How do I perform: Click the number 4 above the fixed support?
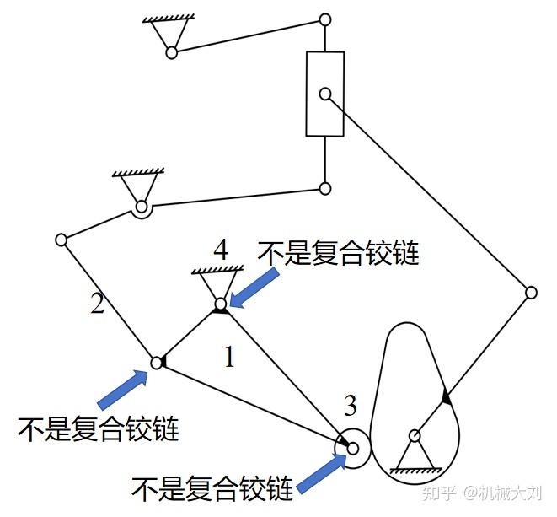[221, 250]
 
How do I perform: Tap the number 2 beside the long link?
[98, 304]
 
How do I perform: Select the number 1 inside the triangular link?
[229, 357]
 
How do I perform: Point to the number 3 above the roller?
[351, 406]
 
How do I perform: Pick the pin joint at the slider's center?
[325, 94]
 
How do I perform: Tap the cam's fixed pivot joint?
[415, 435]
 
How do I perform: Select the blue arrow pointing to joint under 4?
[254, 288]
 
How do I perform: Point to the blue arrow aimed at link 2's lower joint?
[122, 390]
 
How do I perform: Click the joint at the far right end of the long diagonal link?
[531, 293]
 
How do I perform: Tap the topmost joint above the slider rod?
[325, 19]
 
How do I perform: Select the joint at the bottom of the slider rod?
[325, 188]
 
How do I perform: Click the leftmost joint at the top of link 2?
[62, 240]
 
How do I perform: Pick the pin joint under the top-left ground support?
[172, 53]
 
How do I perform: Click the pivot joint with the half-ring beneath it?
[142, 207]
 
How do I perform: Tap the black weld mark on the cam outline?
[446, 396]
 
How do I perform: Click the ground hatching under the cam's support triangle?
[415, 471]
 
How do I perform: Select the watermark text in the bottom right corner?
[481, 493]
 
